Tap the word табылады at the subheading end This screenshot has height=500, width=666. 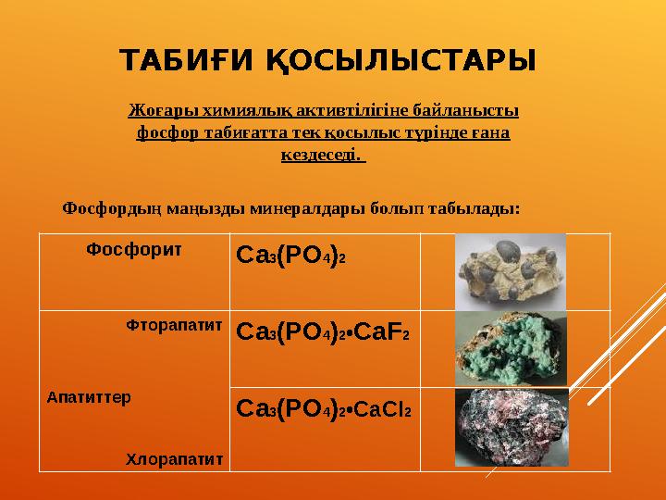483,208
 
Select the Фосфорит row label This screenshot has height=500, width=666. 133,249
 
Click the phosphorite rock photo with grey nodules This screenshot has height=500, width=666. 511,270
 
